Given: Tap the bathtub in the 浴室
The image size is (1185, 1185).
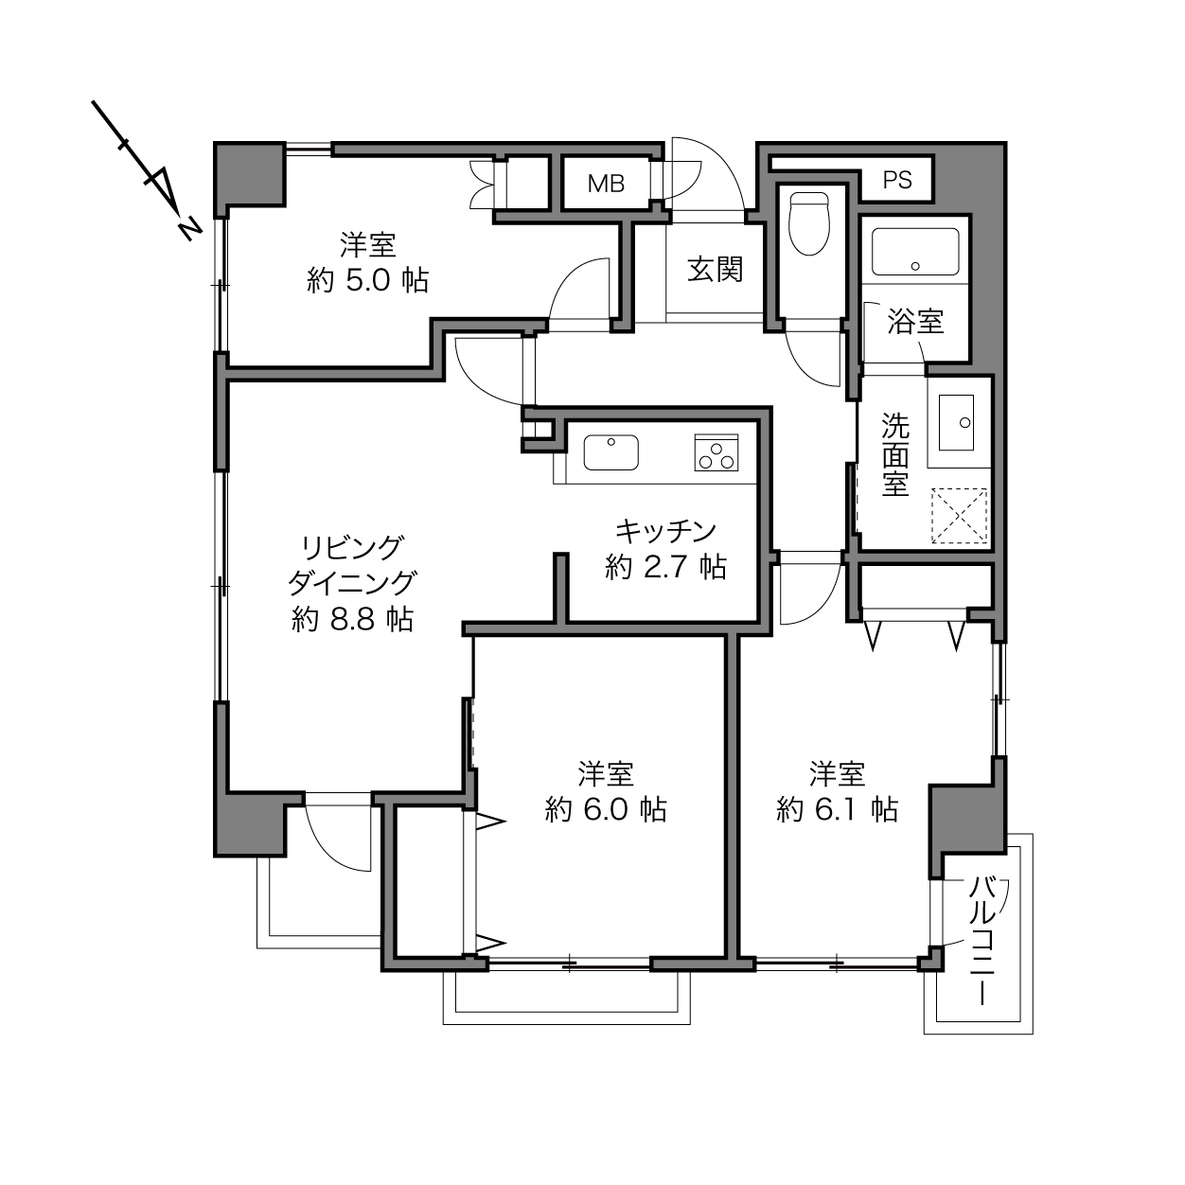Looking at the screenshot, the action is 915,252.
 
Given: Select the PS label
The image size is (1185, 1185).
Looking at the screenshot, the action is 897,180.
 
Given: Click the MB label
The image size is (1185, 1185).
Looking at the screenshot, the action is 607,184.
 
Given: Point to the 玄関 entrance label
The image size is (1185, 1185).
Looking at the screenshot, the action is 716,270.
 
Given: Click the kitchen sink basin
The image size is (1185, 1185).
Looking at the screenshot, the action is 610,452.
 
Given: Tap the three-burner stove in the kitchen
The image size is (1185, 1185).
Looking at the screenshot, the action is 716,452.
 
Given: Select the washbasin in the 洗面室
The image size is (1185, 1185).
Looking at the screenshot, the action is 956,422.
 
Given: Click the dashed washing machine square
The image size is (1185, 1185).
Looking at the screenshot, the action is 959,516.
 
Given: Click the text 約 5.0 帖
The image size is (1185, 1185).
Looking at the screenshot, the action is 368,281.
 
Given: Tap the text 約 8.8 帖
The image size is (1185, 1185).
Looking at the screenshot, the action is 352,620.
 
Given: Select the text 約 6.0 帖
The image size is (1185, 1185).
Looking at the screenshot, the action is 606,810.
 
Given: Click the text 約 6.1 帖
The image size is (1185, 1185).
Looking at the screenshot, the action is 838,810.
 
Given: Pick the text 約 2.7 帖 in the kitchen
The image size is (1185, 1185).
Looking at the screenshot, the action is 666,567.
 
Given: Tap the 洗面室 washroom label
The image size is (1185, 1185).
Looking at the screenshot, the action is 895,454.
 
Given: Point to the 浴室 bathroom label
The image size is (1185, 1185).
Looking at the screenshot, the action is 915,321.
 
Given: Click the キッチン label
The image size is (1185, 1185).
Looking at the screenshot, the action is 666,531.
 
